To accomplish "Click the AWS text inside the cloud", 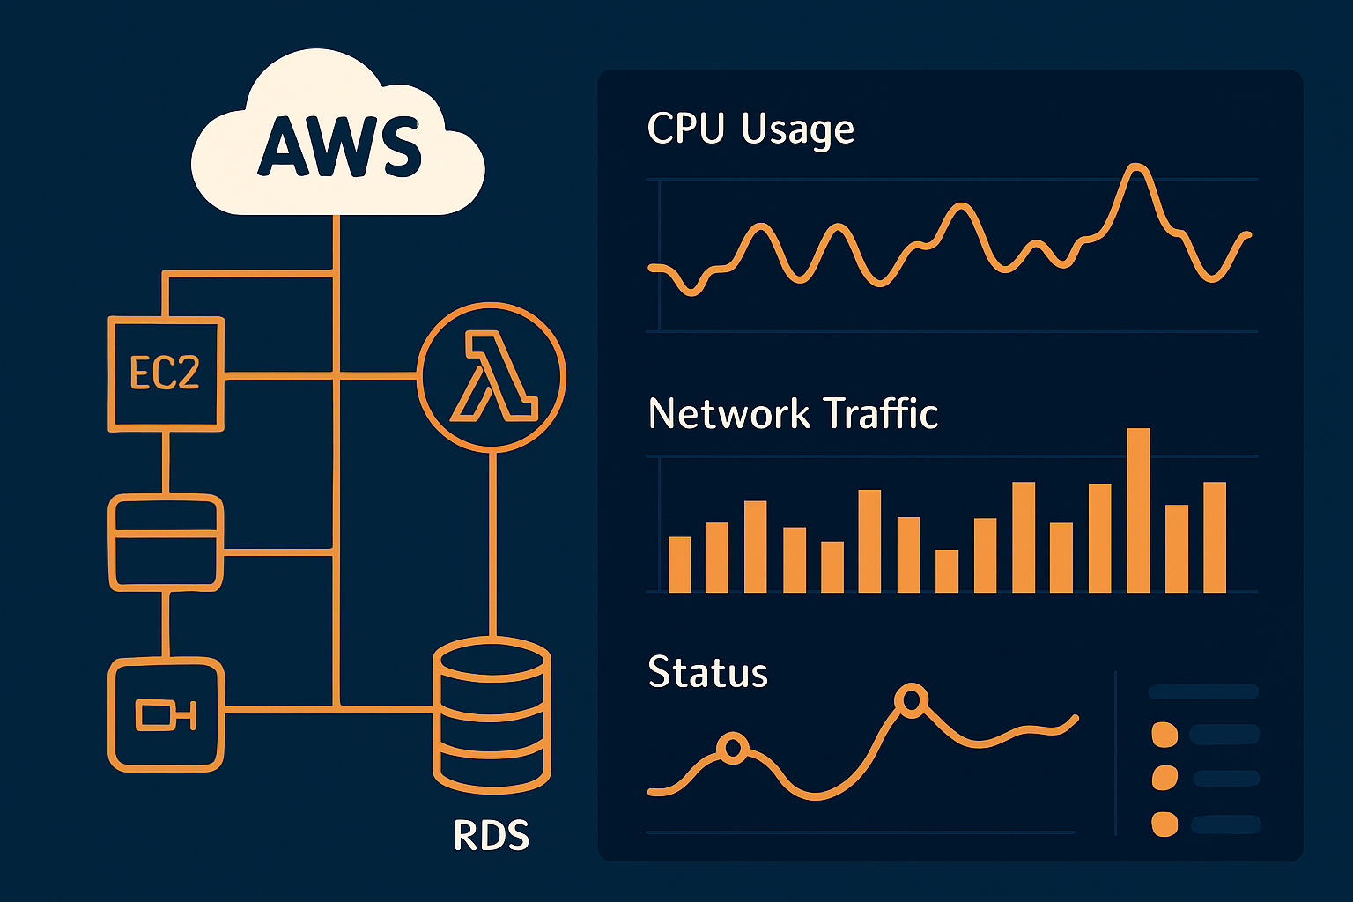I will coord(339,146).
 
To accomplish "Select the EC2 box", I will coord(166,374).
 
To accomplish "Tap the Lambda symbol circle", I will coord(491,377).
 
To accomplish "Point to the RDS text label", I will coord(491,836).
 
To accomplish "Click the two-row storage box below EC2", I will coord(166,542).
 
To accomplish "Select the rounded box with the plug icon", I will coord(166,714).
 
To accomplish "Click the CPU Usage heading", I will coord(750,129).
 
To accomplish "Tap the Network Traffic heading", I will coord(793,414).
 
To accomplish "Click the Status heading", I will coord(707,673).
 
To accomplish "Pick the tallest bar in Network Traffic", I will coord(1138,510).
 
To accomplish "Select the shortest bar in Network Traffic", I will coord(947,571).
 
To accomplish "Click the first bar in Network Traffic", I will coord(679,565).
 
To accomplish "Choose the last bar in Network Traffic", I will coord(1215,537).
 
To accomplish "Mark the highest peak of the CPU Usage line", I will coord(1136,166).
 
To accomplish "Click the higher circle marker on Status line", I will coord(911,700).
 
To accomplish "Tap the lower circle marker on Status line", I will coord(732,749).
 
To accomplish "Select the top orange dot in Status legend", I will coord(1164,734).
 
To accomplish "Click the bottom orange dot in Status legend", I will coord(1164,824).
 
